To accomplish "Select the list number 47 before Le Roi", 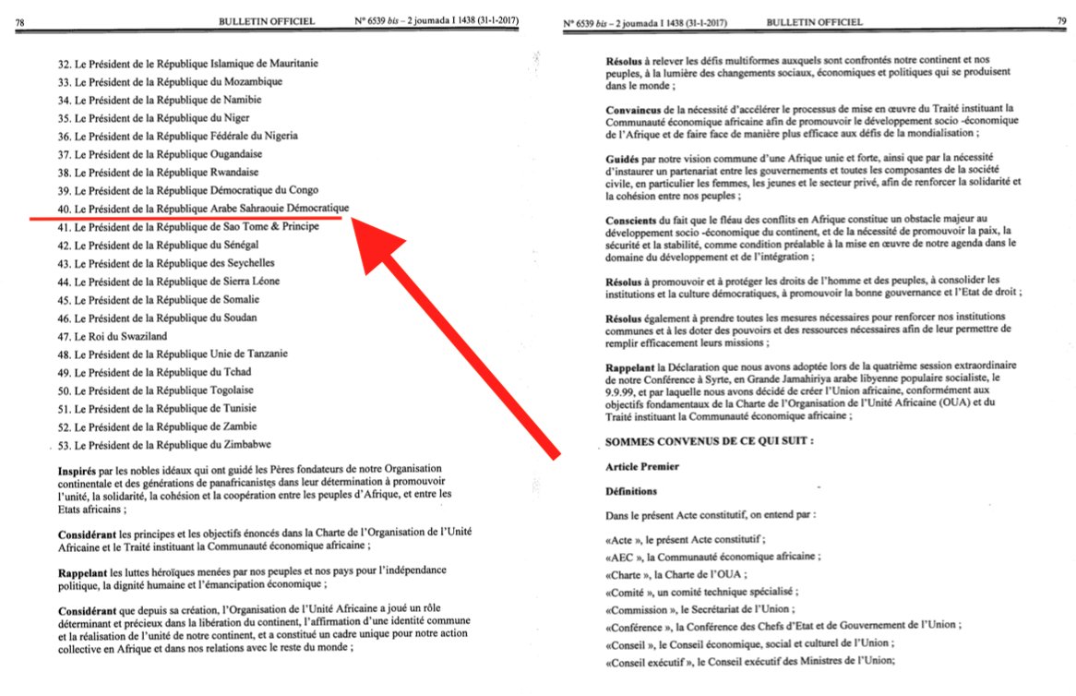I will (x=64, y=335).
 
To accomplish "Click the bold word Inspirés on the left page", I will (x=77, y=472).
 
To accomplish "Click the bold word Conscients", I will (x=632, y=221).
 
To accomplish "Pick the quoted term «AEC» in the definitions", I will (x=622, y=556).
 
